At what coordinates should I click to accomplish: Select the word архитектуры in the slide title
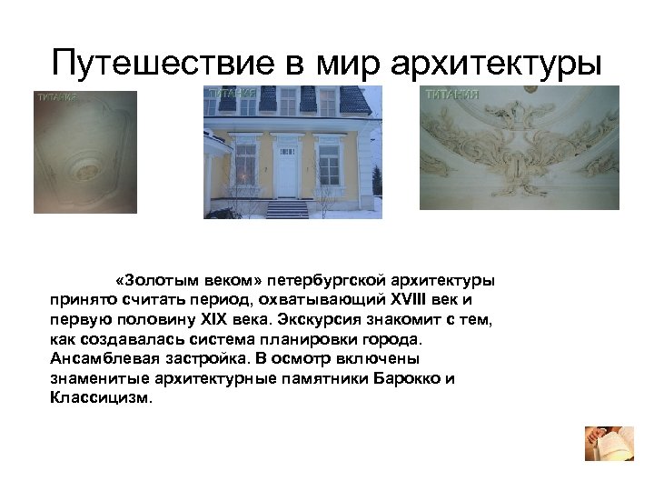(498, 63)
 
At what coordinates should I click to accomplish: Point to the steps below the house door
(288, 208)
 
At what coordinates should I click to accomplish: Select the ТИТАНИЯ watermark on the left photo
(56, 97)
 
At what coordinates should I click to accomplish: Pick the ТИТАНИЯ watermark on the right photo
(451, 94)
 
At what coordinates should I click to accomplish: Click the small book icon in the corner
(602, 443)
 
